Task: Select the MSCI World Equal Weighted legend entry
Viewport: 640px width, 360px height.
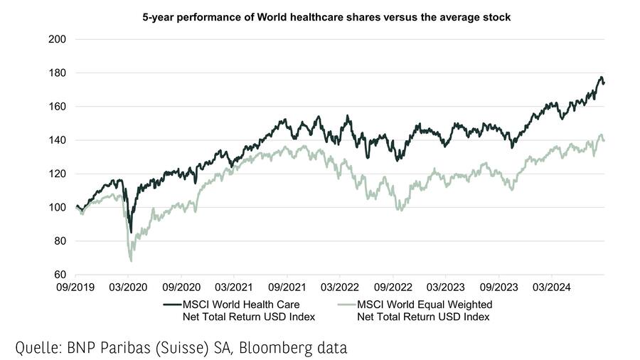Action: pos(434,310)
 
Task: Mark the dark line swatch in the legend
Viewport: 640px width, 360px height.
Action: pos(171,305)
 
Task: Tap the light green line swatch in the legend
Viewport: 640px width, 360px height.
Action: pos(346,305)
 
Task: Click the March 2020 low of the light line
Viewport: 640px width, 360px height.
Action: pos(132,260)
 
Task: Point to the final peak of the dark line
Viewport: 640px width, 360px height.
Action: pos(601,78)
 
